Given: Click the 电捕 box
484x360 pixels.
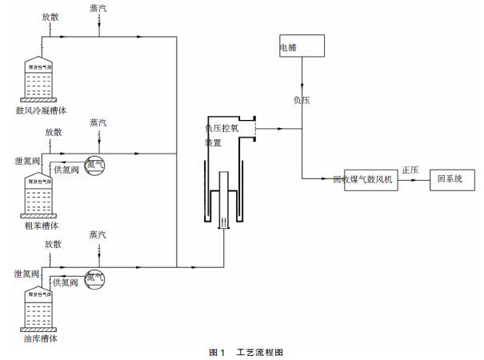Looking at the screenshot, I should tap(302, 46).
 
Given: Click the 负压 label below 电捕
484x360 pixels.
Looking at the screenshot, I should tap(302, 101).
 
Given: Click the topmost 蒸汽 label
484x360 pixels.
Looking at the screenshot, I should tap(98, 8).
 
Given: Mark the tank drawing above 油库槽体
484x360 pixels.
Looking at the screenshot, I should tap(41, 306).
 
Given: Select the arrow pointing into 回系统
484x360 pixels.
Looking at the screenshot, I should tap(423, 180).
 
